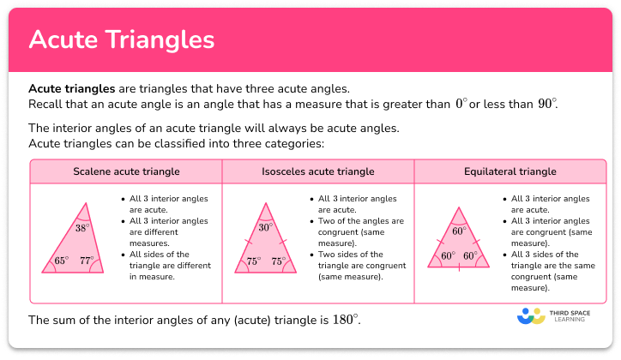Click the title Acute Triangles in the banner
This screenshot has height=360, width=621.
122,40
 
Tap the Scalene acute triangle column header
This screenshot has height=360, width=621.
126,171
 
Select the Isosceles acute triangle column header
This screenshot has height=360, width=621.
317,171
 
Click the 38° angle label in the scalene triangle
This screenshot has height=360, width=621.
81,229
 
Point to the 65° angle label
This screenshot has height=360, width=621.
61,261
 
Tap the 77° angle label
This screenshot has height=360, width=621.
87,261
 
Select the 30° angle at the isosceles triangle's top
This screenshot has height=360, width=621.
265,228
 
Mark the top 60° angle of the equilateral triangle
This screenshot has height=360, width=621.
459,231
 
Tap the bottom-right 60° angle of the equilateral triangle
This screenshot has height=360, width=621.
470,256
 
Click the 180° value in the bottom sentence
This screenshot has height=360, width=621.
344,320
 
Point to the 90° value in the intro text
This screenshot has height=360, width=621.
546,104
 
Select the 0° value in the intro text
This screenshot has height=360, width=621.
461,104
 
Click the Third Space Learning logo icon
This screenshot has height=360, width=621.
531,315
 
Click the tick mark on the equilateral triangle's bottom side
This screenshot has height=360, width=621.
458,268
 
